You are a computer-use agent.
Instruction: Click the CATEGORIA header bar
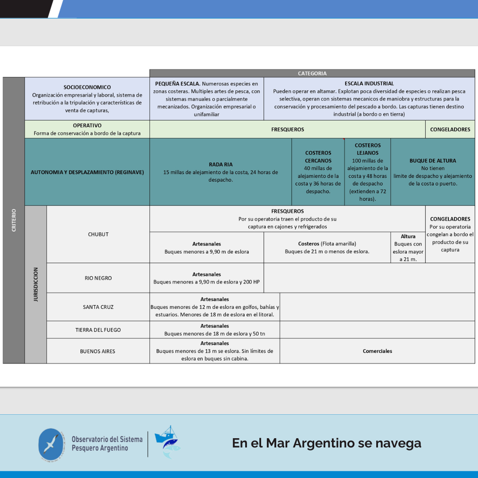coord(312,73)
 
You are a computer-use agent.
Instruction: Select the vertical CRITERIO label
coord(14,220)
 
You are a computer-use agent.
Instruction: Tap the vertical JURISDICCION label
coord(36,285)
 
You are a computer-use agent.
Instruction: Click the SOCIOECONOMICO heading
coord(87,87)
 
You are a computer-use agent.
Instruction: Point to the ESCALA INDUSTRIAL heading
coord(369,84)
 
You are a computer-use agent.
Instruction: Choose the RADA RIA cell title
coord(221,165)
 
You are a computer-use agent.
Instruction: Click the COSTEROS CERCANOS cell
coord(318,172)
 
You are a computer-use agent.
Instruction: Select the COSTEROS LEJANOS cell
coord(368,172)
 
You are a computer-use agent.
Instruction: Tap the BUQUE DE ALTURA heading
coord(433,161)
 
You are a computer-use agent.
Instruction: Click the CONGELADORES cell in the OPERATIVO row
coord(450,129)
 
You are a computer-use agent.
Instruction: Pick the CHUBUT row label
coord(98,235)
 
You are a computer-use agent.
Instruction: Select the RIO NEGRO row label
coord(98,278)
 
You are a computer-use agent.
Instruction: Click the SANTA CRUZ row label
coord(98,307)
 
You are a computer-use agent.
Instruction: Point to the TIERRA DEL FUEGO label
coord(98,330)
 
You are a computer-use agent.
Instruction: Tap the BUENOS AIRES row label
coord(97,351)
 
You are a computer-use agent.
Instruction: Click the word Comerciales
coord(378,351)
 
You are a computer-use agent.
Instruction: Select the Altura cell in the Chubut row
coord(408,247)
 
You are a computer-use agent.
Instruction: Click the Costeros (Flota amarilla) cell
coord(327,247)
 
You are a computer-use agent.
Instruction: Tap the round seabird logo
coord(51,444)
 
